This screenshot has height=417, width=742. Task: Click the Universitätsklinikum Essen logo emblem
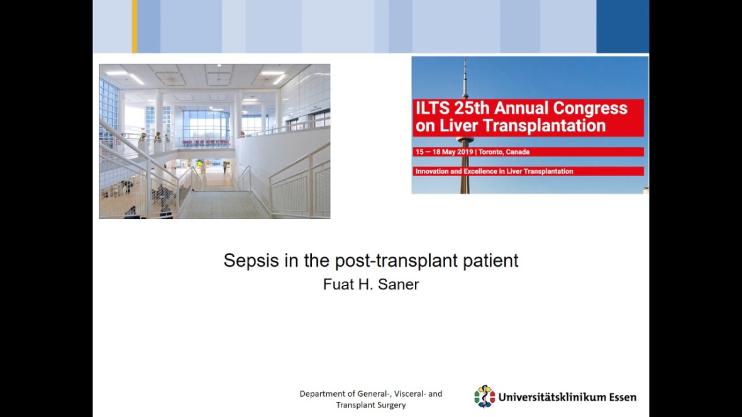click(x=485, y=397)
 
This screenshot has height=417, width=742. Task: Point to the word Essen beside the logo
click(x=623, y=397)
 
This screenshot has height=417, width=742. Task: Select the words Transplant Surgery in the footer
click(x=371, y=405)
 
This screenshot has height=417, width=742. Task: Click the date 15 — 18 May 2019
click(x=445, y=152)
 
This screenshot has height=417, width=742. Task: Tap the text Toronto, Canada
click(x=504, y=152)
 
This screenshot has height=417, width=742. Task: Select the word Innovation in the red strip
click(x=432, y=171)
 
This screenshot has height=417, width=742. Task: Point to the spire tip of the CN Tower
click(x=465, y=58)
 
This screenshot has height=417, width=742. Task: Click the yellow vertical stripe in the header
click(x=135, y=26)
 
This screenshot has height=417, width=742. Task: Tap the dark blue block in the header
click(x=623, y=26)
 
